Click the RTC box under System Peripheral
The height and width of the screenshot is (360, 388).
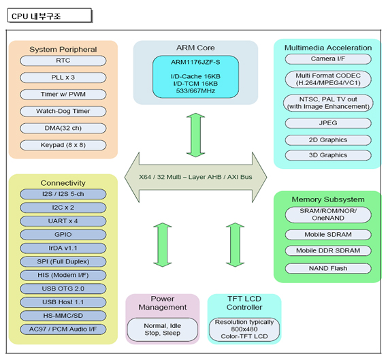tap(63, 61)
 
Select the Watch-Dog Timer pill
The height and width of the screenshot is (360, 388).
tap(63, 112)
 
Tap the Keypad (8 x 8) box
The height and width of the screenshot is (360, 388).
tap(63, 145)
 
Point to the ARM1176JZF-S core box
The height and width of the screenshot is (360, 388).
tap(195, 77)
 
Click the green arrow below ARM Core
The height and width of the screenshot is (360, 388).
tap(195, 135)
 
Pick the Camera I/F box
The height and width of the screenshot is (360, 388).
tap(328, 59)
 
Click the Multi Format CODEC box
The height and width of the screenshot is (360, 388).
tap(328, 80)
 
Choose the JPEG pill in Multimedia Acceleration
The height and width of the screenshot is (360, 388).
tap(328, 123)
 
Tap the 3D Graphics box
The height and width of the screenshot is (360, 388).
tap(328, 155)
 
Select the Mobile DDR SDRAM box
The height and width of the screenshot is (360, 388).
tap(328, 250)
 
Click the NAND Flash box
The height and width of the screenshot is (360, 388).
tap(328, 268)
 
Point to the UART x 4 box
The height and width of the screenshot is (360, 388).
tap(63, 221)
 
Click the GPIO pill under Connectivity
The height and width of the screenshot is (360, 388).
tap(63, 235)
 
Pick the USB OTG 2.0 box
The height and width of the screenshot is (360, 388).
tap(63, 289)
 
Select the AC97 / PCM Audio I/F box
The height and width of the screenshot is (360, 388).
tap(63, 329)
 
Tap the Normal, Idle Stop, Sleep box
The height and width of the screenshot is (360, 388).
tap(163, 329)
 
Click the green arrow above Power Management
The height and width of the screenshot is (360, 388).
tap(163, 245)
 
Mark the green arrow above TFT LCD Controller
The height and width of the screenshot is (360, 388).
tap(235, 245)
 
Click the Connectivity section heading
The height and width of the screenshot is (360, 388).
tap(63, 183)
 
